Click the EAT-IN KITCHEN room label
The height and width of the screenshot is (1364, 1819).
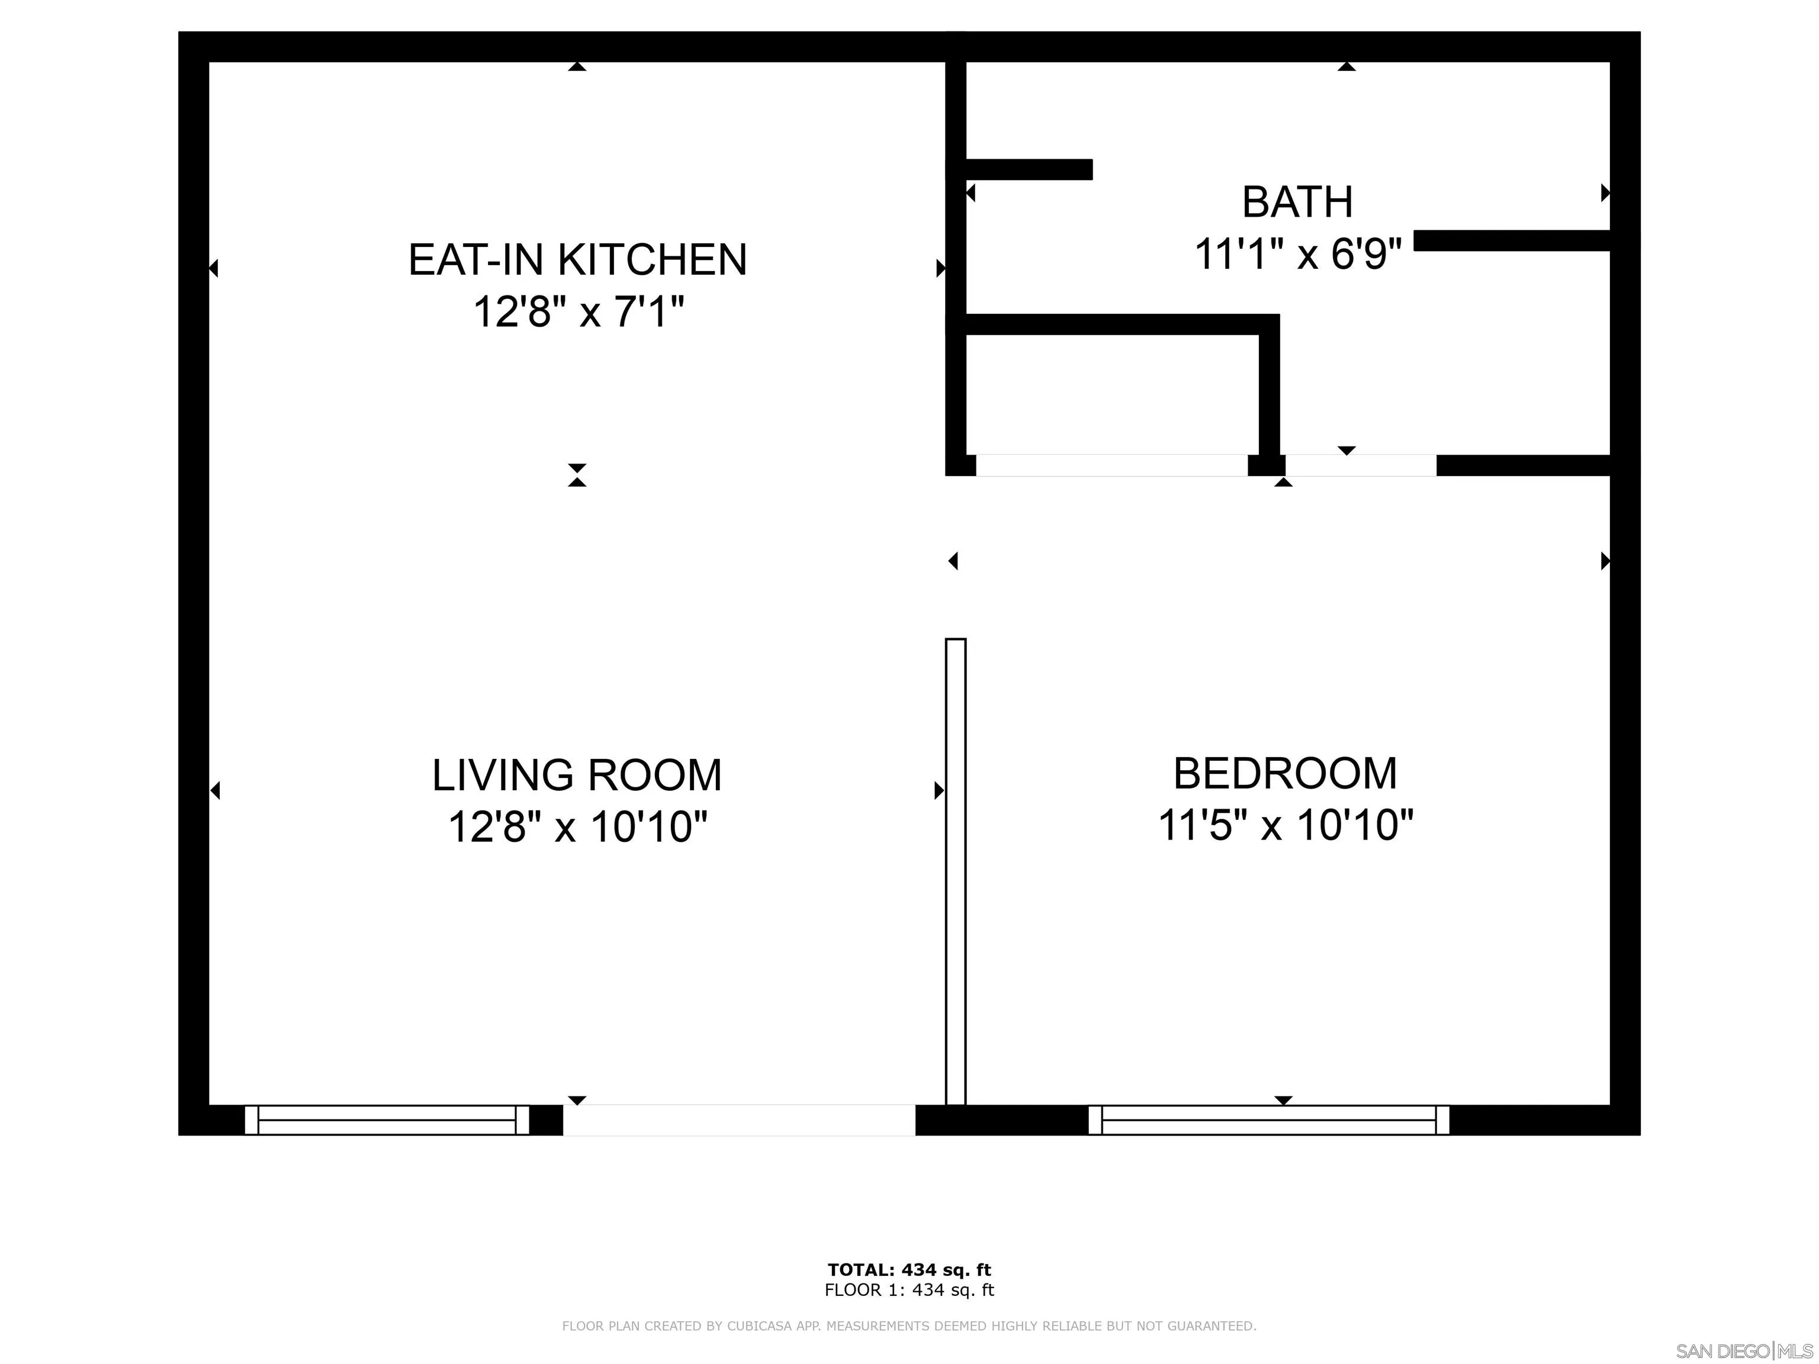[x=577, y=260]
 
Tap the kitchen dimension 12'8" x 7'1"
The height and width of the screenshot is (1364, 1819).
[x=577, y=313]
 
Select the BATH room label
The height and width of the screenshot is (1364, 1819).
[x=1297, y=202]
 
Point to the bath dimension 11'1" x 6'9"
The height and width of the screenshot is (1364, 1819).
[x=1297, y=253]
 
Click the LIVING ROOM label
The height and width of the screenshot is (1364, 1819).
[x=577, y=776]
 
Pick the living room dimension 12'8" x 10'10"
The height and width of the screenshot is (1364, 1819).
[x=577, y=827]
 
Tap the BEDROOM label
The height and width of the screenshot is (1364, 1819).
[x=1284, y=774]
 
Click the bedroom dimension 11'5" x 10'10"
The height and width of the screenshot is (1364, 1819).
[x=1284, y=825]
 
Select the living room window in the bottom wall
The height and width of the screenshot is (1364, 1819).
[x=387, y=1120]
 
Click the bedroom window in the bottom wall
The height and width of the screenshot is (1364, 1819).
[x=1268, y=1120]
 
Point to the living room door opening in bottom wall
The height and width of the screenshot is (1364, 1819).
[x=738, y=1120]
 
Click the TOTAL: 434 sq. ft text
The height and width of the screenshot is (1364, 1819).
[x=909, y=1270]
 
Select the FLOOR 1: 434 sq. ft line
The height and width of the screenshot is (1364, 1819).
[x=909, y=1290]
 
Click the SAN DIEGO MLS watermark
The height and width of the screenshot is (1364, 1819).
[x=1743, y=1351]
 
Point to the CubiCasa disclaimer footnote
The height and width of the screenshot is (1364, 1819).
[x=909, y=1326]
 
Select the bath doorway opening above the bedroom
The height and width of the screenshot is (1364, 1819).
[x=1360, y=465]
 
